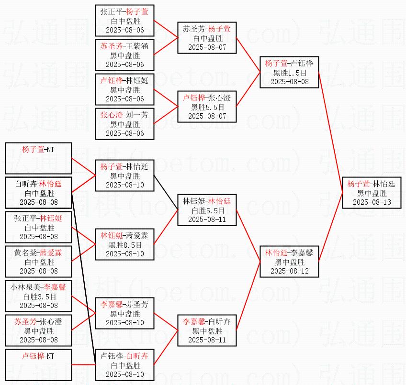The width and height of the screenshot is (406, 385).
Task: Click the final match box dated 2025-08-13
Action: click(x=372, y=193)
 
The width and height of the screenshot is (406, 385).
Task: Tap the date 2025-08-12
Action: click(x=290, y=271)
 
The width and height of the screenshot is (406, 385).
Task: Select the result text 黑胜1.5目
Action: click(x=290, y=73)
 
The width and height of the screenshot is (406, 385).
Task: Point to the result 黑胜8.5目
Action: click(x=125, y=244)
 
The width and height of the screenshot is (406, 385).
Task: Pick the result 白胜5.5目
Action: click(x=207, y=210)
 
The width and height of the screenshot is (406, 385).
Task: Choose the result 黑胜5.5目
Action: click(x=207, y=107)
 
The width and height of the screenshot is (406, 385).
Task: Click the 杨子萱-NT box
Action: click(x=39, y=158)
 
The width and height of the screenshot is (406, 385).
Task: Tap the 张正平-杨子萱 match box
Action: click(x=125, y=21)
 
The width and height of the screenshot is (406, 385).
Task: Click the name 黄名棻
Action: click(x=24, y=253)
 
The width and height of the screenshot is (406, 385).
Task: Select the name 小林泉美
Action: click(x=27, y=287)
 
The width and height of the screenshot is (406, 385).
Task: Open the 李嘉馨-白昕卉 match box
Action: click(x=207, y=330)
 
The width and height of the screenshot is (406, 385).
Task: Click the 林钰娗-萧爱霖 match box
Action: click(x=125, y=244)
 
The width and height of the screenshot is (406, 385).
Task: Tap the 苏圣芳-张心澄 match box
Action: click(x=39, y=330)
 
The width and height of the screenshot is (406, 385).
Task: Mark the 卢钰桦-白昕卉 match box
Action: click(x=125, y=365)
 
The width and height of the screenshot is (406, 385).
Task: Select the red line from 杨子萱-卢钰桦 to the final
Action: click(x=330, y=133)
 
